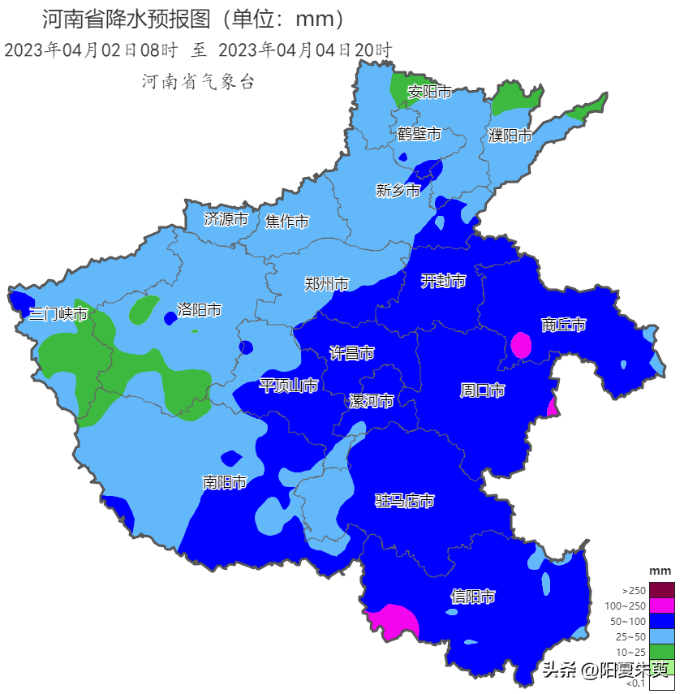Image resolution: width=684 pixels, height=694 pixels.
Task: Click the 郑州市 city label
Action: pos(326,284)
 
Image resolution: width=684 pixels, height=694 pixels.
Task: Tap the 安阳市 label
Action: pos(429,92)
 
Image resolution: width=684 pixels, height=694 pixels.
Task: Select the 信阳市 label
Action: pos(473,597)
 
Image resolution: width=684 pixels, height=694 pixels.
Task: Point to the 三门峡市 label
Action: pos(58,313)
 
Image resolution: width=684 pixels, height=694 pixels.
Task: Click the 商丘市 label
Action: pos(563,325)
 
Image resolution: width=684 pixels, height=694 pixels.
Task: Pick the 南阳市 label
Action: pos(225,483)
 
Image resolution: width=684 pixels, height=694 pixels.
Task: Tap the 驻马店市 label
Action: pos(404,501)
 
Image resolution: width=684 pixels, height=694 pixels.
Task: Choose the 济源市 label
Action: pos(226,219)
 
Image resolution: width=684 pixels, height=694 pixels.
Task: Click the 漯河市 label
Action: pos(371,401)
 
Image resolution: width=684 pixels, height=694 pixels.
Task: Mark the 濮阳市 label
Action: pos(510,136)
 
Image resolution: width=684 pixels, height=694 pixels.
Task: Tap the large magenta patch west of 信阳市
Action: pos(394,621)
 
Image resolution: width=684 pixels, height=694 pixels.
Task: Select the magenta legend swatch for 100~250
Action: pos(662,606)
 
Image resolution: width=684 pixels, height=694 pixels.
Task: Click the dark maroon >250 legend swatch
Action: pos(662,590)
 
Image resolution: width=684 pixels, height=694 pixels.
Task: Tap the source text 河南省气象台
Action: pos(198,81)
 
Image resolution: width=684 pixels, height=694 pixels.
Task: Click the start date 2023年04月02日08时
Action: pos(91,50)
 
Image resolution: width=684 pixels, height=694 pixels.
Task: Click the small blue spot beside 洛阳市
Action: pos(170,319)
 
